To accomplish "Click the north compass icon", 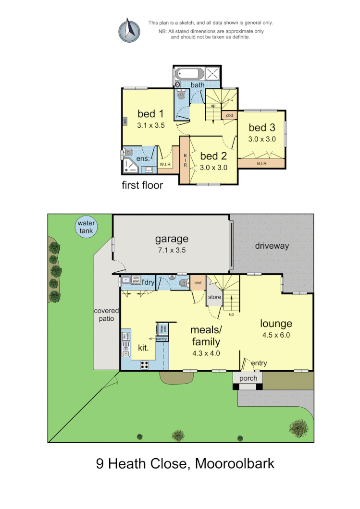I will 129,30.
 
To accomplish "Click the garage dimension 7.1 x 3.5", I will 171,250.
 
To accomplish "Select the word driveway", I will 272,246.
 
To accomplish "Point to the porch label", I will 248,378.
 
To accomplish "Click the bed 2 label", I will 213,156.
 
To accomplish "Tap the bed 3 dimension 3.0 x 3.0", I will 262,139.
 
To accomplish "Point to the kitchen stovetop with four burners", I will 145,364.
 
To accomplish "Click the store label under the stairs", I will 214,297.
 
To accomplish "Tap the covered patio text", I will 106,315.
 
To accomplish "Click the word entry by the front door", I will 259,364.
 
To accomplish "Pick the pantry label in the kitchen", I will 161,339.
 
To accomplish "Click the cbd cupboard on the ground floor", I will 198,283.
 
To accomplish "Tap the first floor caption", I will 142,185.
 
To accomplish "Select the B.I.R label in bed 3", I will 262,163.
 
